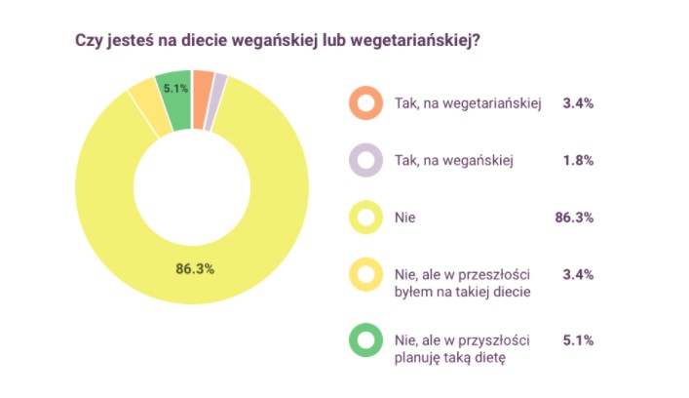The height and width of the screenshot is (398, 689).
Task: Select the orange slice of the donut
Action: [x=203, y=87]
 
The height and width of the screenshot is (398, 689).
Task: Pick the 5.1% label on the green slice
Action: [x=176, y=88]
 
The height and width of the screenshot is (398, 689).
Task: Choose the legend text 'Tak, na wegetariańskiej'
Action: [x=468, y=102]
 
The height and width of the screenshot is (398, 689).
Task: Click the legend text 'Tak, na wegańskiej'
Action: [x=454, y=160]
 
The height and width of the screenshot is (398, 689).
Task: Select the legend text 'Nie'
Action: [x=405, y=218]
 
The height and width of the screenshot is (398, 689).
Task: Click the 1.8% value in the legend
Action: [x=578, y=160]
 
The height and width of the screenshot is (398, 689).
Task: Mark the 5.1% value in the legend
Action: [x=578, y=340]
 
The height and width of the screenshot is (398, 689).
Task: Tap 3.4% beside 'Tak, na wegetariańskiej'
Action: [x=578, y=102]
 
